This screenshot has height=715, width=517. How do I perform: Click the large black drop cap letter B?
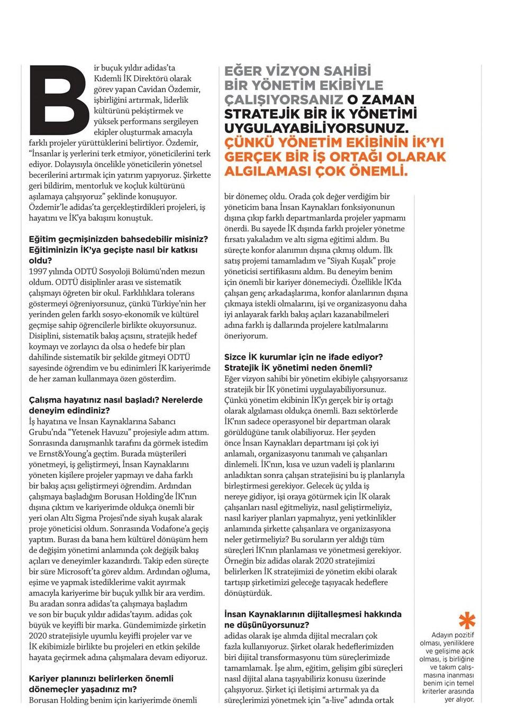(59, 100)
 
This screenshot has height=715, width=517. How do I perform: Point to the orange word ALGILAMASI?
(266, 171)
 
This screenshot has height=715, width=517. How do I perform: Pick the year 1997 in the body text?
(38, 271)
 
